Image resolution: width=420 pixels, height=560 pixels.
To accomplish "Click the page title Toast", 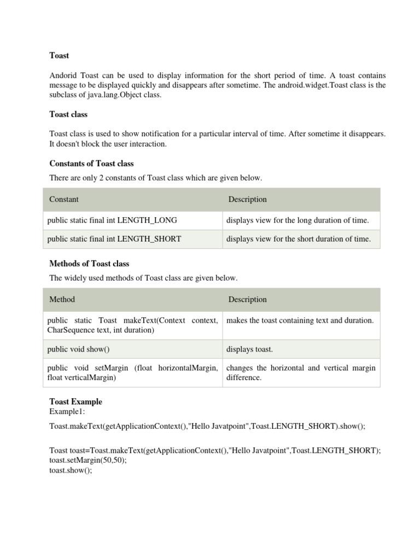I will pyautogui.click(x=59, y=55).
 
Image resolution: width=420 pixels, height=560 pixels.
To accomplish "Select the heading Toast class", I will pyautogui.click(x=68, y=114).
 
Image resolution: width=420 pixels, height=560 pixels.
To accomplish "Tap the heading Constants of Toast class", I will pyautogui.click(x=91, y=164).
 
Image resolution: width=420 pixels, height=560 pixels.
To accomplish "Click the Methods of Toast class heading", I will pyautogui.click(x=89, y=264).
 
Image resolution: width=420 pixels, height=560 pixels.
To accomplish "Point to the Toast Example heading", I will pyautogui.click(x=75, y=401).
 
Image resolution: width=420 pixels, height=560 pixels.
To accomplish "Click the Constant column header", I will pyautogui.click(x=64, y=200).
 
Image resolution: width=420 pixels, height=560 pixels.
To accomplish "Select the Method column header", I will pyautogui.click(x=62, y=300).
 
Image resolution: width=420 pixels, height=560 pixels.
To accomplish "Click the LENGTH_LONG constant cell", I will pyautogui.click(x=112, y=220).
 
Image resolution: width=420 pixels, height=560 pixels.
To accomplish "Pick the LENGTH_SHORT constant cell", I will pyautogui.click(x=114, y=239).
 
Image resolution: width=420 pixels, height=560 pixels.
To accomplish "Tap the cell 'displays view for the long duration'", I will pyautogui.click(x=297, y=220).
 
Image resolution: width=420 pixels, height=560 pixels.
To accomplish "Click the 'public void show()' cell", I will pyautogui.click(x=82, y=349).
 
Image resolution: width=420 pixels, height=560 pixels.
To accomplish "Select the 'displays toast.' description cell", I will pyautogui.click(x=249, y=349).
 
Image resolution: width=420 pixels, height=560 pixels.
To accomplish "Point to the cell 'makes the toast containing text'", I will pyautogui.click(x=300, y=320).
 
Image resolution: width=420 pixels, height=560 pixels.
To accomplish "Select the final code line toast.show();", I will pyautogui.click(x=71, y=470).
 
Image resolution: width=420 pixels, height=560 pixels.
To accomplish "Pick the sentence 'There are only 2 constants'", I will pyautogui.click(x=156, y=178).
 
